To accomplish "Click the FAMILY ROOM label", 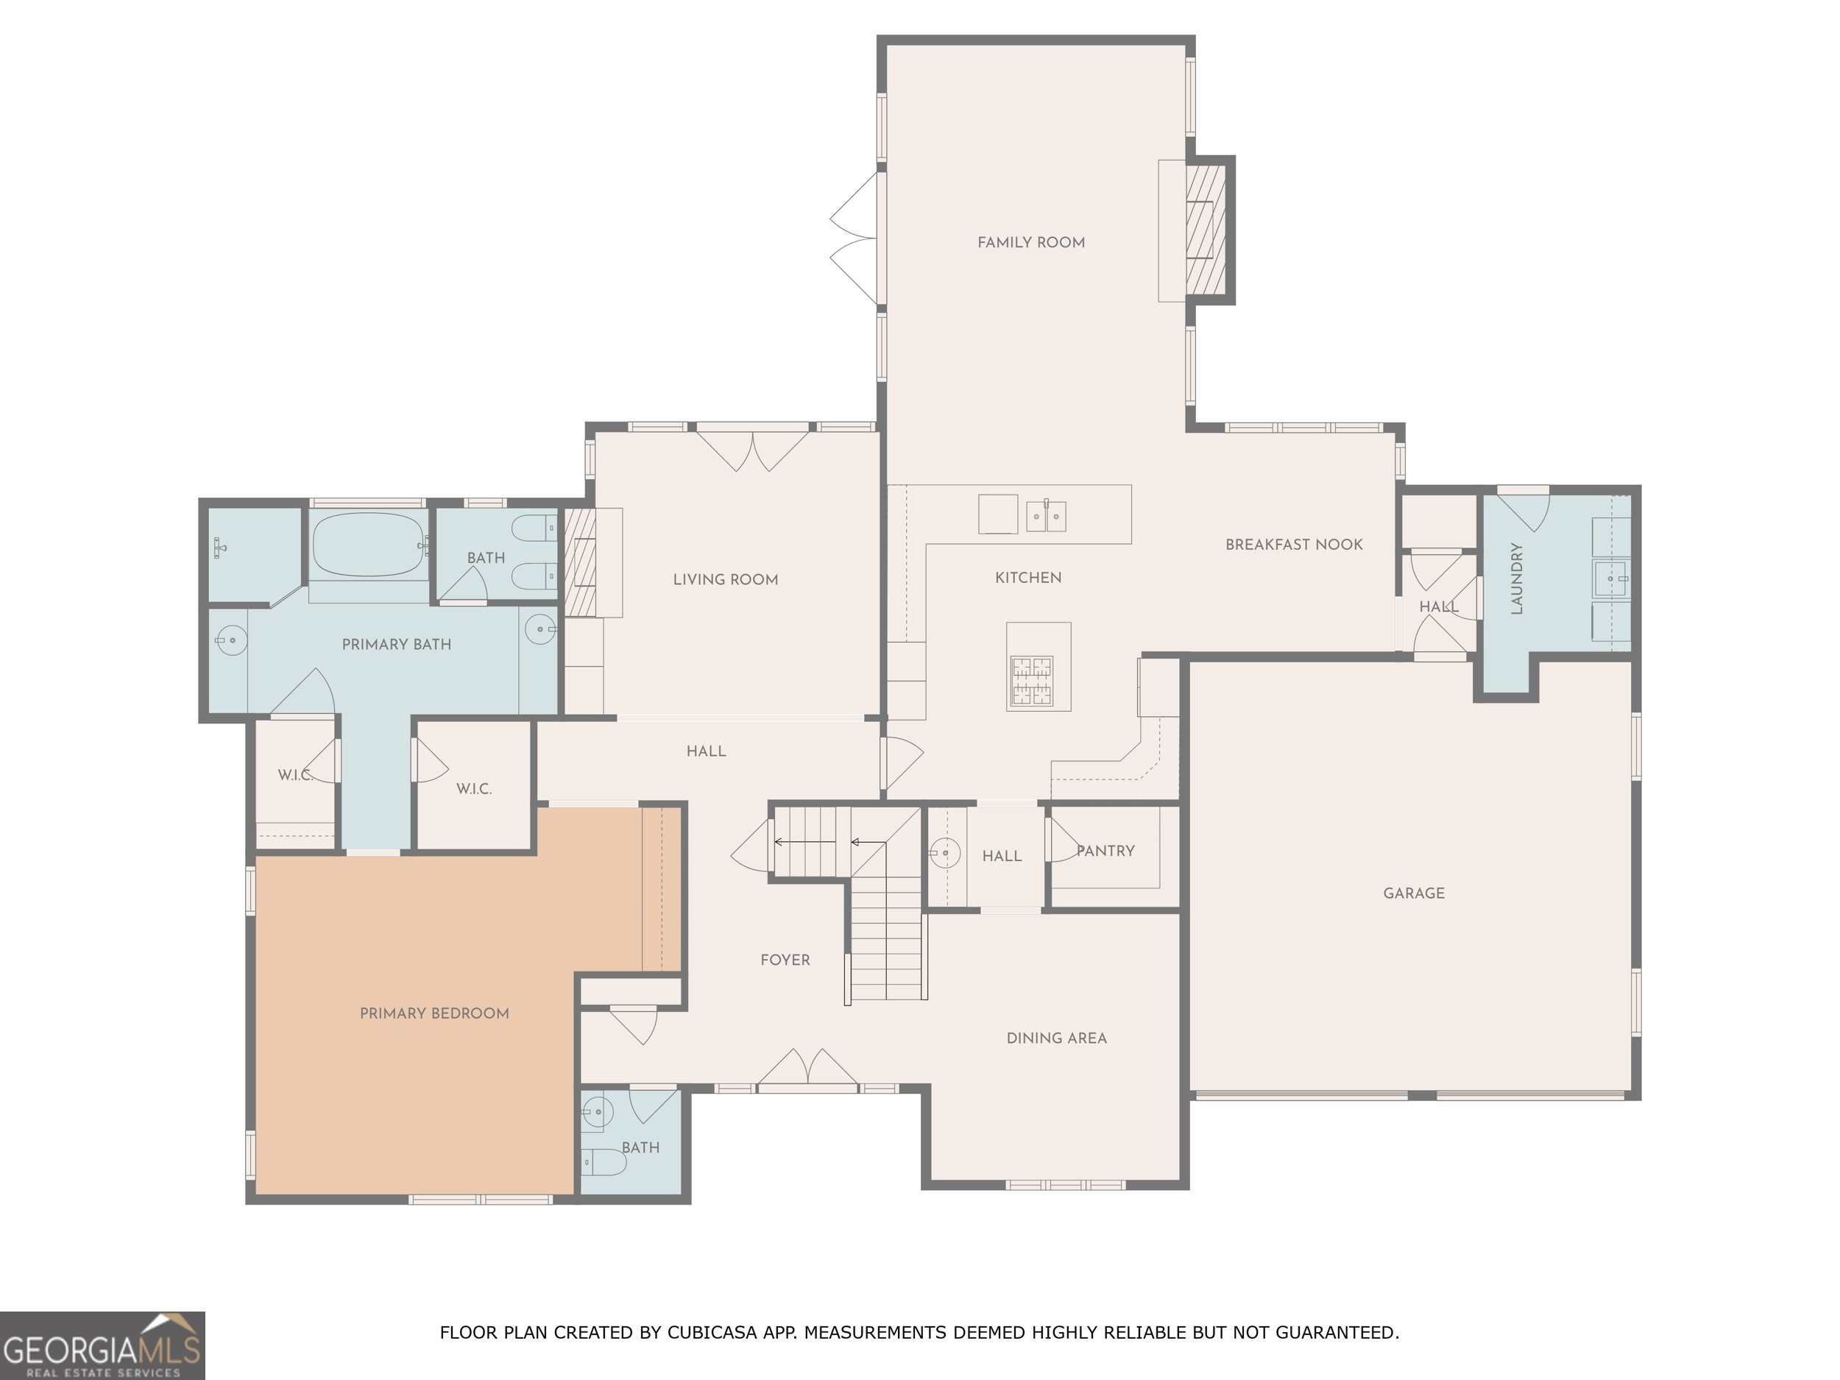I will click(1030, 243).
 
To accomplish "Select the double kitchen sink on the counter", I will click(1046, 517).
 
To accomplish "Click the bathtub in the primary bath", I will click(369, 544).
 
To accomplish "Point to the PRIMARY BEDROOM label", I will click(434, 1013).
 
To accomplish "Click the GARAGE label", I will click(1413, 894).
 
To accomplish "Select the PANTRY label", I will click(1105, 851).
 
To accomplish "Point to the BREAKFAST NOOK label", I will click(1293, 545).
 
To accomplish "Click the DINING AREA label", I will click(1056, 1038).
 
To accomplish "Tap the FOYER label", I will click(785, 960).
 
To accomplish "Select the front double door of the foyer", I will click(807, 1072).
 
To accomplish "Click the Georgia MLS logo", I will click(102, 1345).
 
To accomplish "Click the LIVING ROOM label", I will click(726, 580).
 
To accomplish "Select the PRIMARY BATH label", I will click(396, 645).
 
